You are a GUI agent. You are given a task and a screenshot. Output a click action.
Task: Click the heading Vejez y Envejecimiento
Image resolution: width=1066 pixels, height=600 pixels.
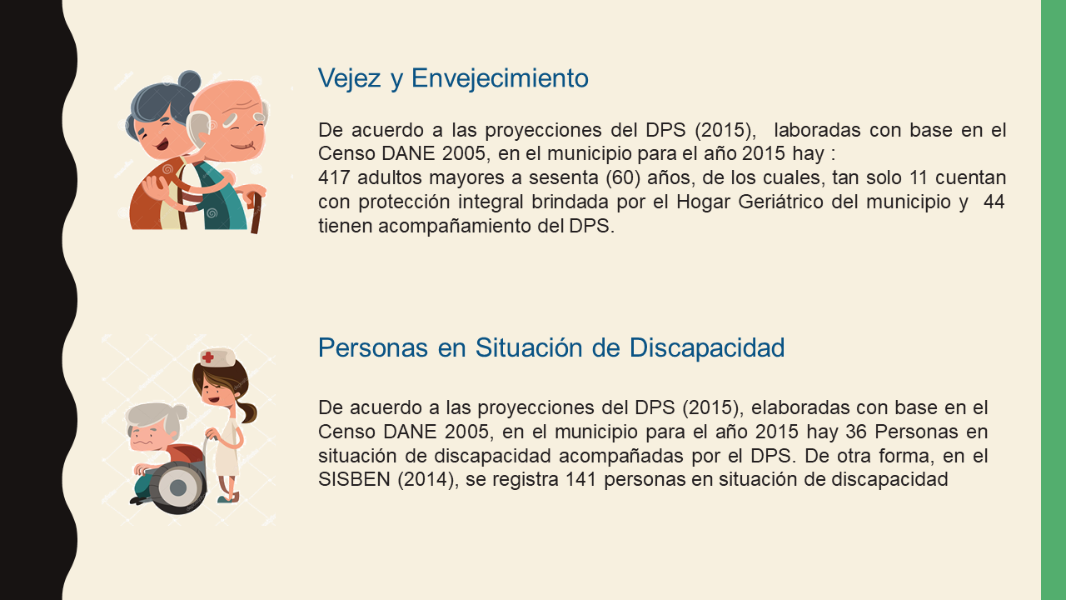coord(453,78)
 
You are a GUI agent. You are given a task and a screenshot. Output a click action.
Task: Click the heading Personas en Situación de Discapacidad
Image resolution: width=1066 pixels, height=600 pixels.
coord(551,347)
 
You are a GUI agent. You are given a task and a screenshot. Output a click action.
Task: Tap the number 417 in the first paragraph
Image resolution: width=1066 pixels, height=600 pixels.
coord(334,177)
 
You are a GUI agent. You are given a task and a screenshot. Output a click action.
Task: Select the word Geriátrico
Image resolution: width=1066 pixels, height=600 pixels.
coord(780,202)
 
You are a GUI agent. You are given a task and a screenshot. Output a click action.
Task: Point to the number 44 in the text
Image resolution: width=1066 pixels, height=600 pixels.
coord(994,202)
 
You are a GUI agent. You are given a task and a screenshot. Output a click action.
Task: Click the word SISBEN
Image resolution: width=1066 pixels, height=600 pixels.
coord(354,479)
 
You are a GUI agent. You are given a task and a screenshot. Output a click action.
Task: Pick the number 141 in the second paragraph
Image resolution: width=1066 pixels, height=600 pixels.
coord(580,479)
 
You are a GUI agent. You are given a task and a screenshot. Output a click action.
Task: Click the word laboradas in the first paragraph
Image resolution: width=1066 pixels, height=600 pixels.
coord(817,130)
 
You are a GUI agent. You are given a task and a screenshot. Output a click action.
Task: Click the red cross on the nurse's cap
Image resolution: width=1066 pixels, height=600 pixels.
coord(208,357)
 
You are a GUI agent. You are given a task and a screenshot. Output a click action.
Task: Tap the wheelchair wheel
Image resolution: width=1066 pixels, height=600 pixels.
coord(178,487)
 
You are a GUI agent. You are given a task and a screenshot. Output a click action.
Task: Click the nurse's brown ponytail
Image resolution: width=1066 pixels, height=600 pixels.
coord(247,412)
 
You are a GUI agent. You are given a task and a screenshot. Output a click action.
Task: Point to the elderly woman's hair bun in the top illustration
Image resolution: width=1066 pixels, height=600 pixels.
coord(189,82)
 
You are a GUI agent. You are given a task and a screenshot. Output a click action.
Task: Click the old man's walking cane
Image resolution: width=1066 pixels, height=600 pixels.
coord(256,212)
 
